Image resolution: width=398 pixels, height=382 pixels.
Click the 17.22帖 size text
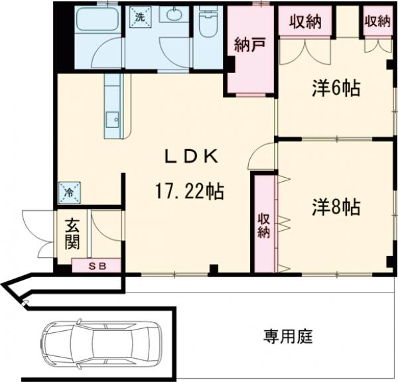(x=190, y=192)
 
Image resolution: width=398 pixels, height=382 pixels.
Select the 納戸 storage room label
(x=250, y=46)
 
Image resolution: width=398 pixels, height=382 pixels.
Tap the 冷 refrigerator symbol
(x=70, y=192)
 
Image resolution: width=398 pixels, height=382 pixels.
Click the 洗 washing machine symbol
(x=139, y=18)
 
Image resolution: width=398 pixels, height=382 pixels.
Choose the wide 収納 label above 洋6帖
(x=304, y=21)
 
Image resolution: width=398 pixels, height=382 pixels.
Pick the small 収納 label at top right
(x=376, y=21)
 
